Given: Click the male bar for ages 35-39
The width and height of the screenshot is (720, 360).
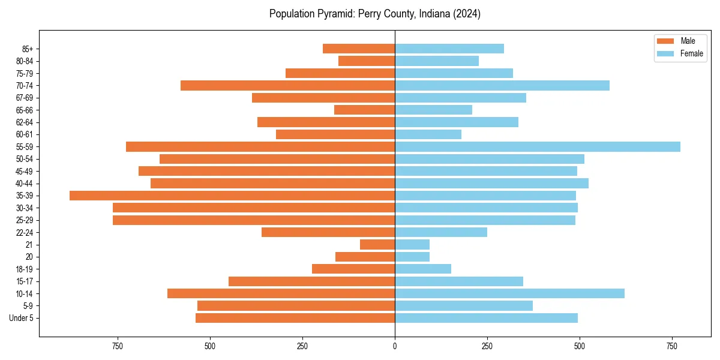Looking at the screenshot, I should (232, 196).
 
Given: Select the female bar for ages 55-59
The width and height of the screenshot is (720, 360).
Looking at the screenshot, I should (537, 146).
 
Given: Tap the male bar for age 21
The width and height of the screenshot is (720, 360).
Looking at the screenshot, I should (377, 245).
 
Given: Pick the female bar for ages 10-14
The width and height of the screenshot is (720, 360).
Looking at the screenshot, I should (509, 293).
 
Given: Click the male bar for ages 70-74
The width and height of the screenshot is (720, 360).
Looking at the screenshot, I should (287, 85).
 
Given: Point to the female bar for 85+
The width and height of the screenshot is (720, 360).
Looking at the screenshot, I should (449, 49).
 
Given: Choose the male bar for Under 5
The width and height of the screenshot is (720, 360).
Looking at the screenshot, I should (295, 318).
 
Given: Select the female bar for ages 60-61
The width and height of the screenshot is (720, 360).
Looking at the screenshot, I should (428, 134).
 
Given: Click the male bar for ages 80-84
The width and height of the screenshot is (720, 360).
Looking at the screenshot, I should (367, 61).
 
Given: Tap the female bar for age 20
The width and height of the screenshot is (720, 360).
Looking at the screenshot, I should (412, 257).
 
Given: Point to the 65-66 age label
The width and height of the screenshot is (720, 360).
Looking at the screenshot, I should (24, 110).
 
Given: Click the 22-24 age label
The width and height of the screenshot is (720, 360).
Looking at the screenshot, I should (24, 233).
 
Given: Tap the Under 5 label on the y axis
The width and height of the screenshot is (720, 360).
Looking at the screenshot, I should (21, 318).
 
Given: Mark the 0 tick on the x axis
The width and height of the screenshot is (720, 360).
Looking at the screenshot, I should (395, 346).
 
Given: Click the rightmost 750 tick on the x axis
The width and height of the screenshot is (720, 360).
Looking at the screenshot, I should (672, 346).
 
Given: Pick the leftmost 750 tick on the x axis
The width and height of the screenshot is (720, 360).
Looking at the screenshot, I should (117, 346).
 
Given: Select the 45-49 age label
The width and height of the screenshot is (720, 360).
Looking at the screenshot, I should (24, 171).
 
